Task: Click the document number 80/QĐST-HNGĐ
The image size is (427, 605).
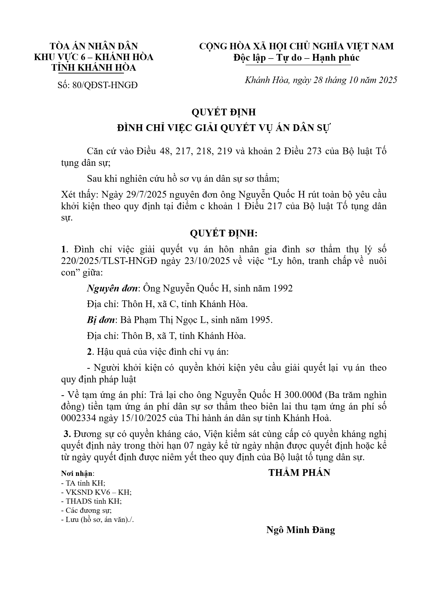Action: [105, 85]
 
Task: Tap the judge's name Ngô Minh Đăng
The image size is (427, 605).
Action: [300, 530]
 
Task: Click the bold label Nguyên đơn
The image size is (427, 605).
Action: [112, 288]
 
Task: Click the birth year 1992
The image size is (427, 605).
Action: [282, 288]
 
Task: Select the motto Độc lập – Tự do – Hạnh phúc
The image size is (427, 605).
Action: [296, 58]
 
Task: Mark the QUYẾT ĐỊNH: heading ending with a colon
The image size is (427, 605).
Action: [224, 233]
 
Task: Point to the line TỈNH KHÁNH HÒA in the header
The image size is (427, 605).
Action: [94, 68]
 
